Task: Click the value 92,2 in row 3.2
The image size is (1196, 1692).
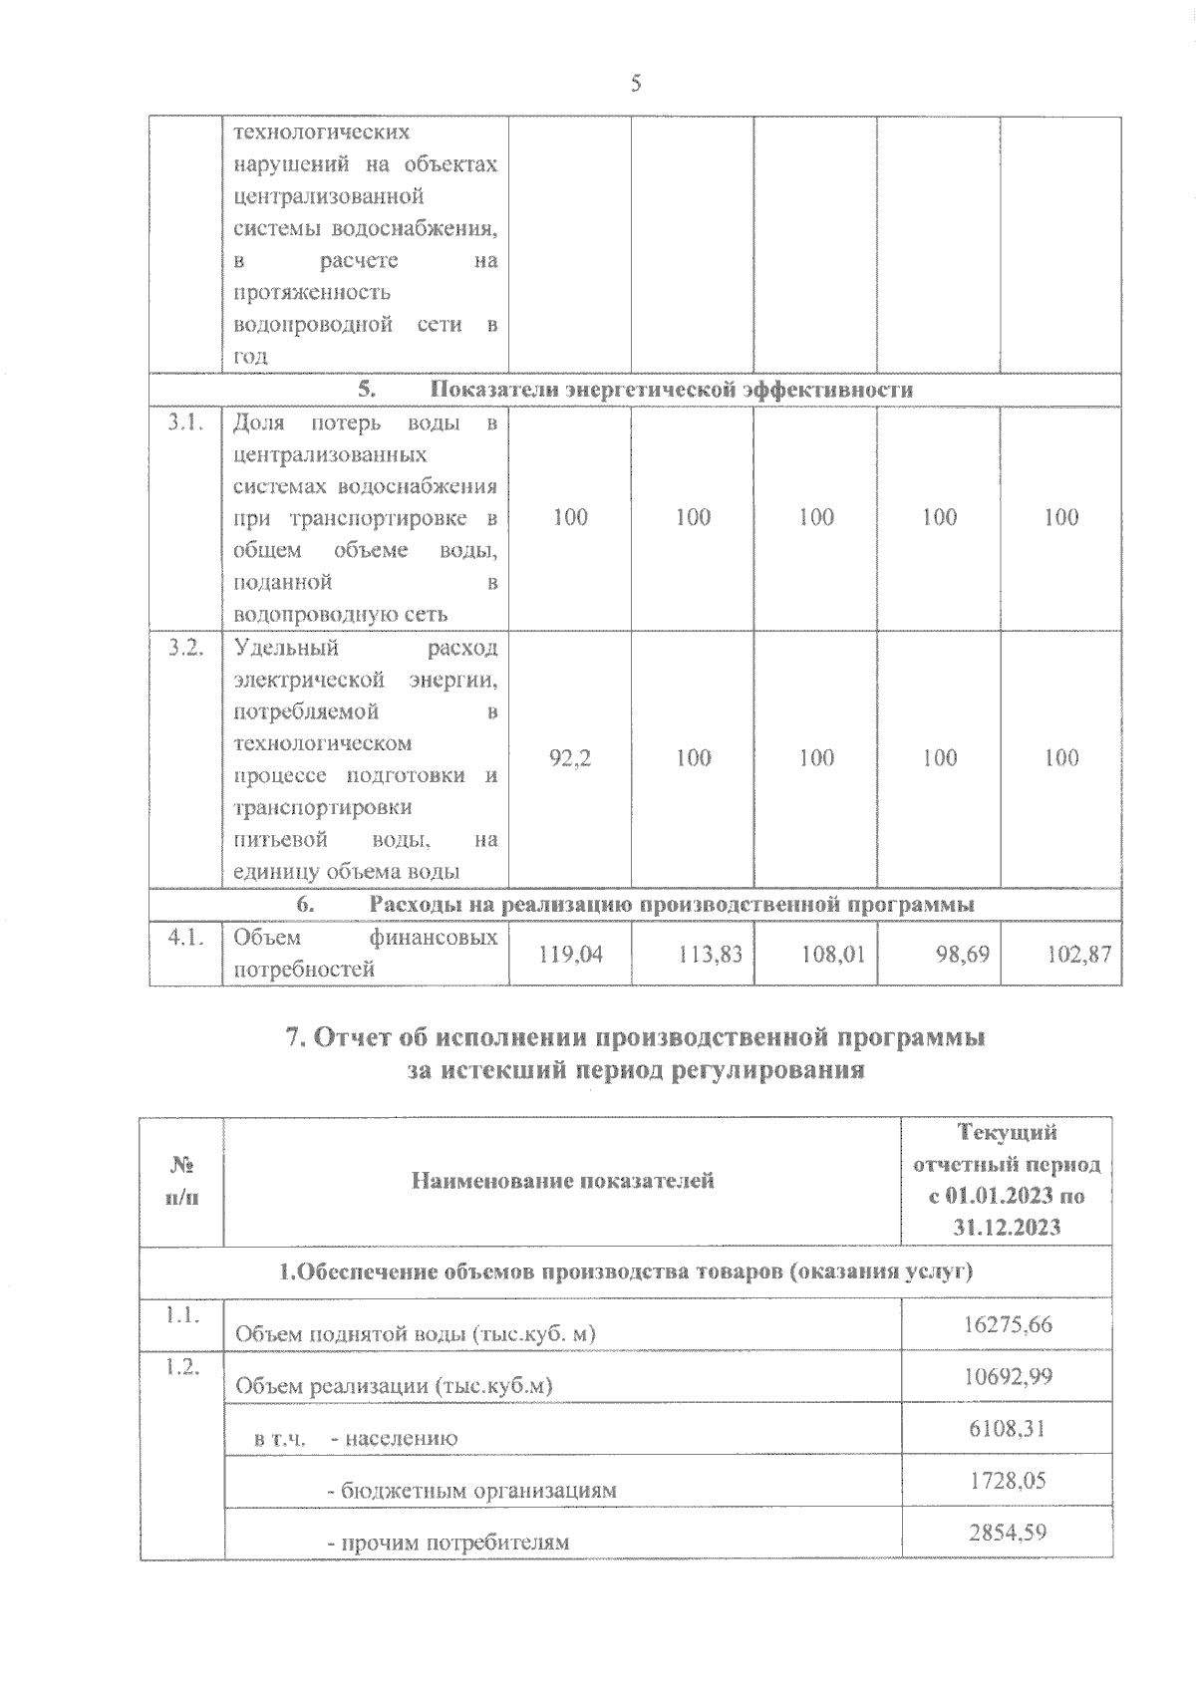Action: pos(570,758)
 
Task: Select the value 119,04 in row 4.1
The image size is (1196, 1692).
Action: pos(570,954)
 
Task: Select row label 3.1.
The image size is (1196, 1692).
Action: pos(186,423)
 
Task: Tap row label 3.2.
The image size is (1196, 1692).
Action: pos(186,648)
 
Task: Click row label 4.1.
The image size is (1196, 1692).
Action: pos(186,937)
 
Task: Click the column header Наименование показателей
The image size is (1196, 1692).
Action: pos(562,1181)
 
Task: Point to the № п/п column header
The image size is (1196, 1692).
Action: pos(181,1181)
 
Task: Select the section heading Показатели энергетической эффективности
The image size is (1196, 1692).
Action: pos(673,390)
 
